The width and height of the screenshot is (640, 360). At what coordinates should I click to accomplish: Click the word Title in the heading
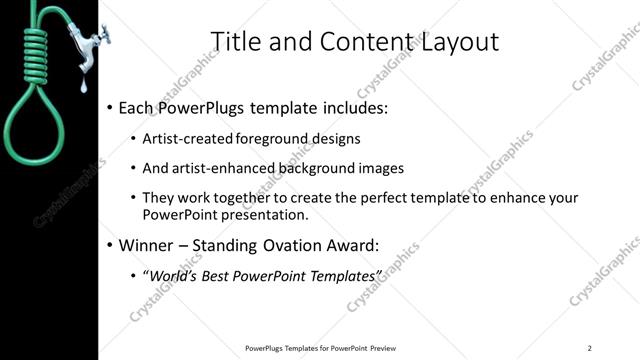[x=238, y=41]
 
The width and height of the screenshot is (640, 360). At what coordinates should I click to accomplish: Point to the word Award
[x=373, y=245]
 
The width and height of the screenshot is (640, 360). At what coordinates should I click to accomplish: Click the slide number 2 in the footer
[x=590, y=348]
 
